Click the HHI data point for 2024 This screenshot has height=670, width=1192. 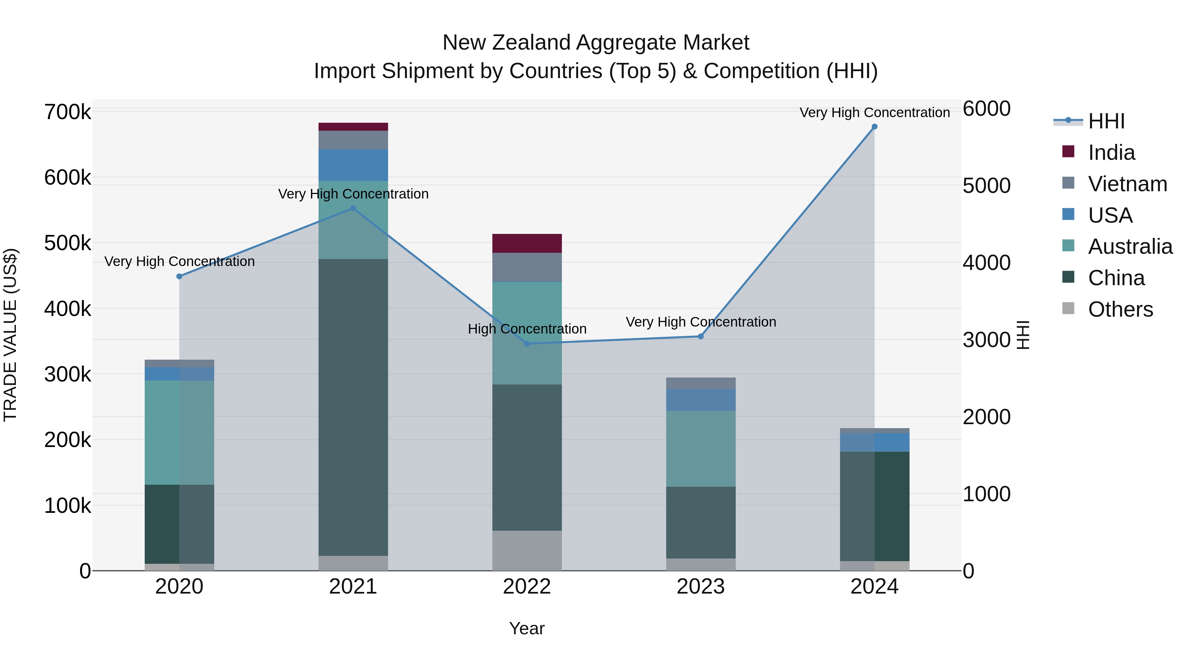(x=874, y=127)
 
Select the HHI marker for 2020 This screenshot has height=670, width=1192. (x=179, y=277)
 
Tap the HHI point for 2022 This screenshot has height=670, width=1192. (x=526, y=343)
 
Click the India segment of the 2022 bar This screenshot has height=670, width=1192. (x=526, y=243)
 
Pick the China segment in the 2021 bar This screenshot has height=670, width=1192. (x=353, y=407)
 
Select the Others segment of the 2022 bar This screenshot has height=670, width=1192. (x=526, y=550)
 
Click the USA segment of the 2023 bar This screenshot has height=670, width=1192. (x=701, y=400)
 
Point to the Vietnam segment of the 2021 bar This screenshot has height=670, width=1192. (x=353, y=140)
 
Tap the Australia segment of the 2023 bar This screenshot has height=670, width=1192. (x=701, y=449)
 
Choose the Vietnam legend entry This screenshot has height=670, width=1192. (x=1127, y=184)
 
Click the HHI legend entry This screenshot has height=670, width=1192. (x=1106, y=121)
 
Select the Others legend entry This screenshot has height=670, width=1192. (x=1120, y=309)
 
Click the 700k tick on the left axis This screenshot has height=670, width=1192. (x=68, y=112)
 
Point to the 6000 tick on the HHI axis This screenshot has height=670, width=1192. (x=987, y=109)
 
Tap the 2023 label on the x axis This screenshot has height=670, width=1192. (x=701, y=587)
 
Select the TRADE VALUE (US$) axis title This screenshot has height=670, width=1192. (x=10, y=335)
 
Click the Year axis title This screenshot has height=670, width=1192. (x=526, y=628)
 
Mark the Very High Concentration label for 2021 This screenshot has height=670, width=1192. (x=353, y=194)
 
